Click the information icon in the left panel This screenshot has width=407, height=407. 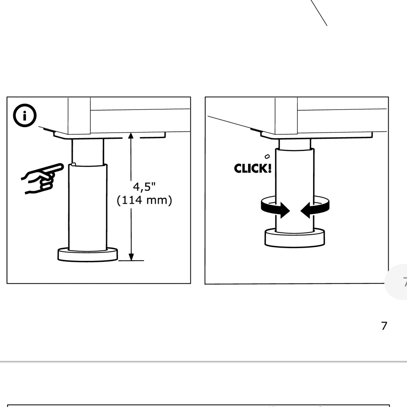[25, 116]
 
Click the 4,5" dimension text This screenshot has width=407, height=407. [144, 187]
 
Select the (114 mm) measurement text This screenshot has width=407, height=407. [144, 200]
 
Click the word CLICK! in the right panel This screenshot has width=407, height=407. [252, 168]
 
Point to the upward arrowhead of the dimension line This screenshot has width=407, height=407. [131, 136]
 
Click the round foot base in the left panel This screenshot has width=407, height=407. [88, 255]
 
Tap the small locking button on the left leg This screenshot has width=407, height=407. [73, 164]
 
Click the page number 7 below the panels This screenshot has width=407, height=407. [384, 326]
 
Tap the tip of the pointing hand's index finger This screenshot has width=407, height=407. [62, 166]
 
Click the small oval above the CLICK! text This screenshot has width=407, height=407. [267, 156]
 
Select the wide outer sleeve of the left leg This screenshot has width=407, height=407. [88, 206]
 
